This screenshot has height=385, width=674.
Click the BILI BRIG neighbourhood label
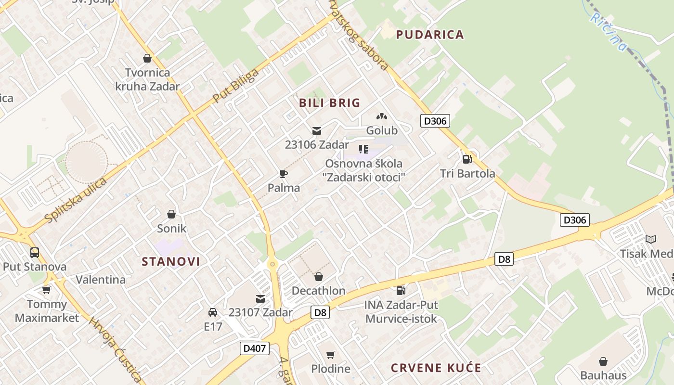pos(330,103)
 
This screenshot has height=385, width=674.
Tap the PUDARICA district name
pos(430,35)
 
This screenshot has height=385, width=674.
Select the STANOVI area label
pos(171,261)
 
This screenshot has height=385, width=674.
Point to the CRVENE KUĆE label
pos(436,368)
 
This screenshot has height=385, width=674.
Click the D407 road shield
pos(255,348)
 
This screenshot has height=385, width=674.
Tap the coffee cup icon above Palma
pos(284,174)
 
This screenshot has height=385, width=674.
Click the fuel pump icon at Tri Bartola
pos(467,159)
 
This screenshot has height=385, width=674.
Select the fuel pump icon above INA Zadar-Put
pos(401,290)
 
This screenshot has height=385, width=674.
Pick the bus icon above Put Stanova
pos(35,252)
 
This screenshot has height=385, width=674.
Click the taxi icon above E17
pos(213,312)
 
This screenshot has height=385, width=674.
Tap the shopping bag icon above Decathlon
pos(318,277)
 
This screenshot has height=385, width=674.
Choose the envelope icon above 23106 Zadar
pos(317,130)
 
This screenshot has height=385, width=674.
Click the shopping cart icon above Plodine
pos(330,355)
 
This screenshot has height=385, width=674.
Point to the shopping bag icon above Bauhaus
pos(603,361)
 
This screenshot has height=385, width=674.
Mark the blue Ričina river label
pos(609,31)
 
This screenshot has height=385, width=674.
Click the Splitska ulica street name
pos(75,200)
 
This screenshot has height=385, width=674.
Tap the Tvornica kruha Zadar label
pos(147,79)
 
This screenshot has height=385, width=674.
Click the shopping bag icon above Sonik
pos(171,214)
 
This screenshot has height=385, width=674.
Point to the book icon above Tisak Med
pos(650,239)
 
